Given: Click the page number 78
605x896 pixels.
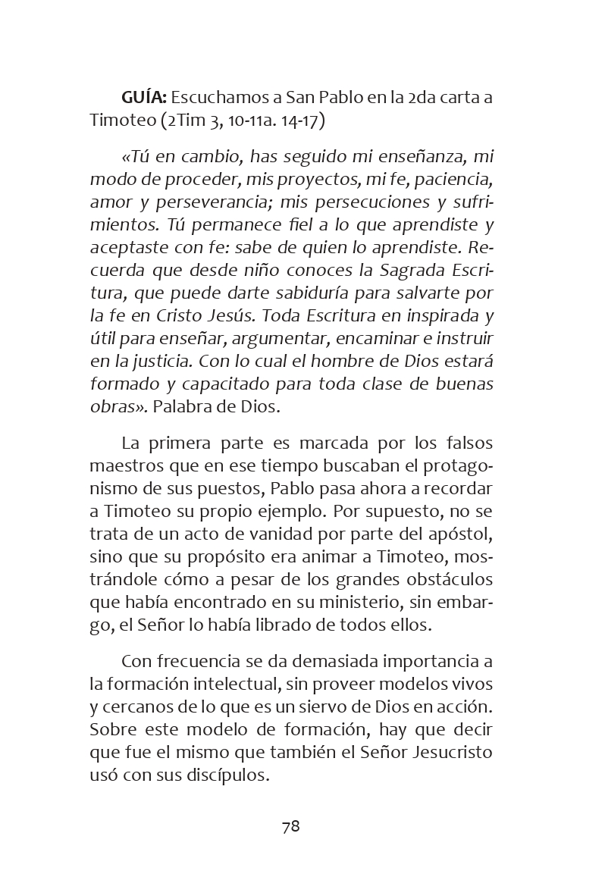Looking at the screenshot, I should (x=291, y=826).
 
